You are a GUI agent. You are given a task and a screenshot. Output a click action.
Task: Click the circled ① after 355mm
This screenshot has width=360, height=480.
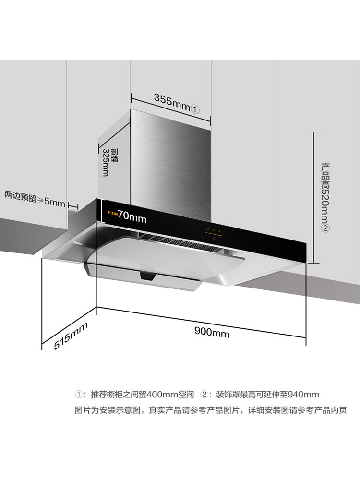pyautogui.click(x=195, y=108)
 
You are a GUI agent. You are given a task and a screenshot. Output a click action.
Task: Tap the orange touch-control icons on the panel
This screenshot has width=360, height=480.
pyautogui.click(x=213, y=231)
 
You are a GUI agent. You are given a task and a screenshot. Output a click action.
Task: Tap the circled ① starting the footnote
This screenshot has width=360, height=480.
pyautogui.click(x=78, y=395)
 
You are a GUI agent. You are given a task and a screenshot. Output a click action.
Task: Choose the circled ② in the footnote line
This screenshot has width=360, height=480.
pyautogui.click(x=204, y=395)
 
